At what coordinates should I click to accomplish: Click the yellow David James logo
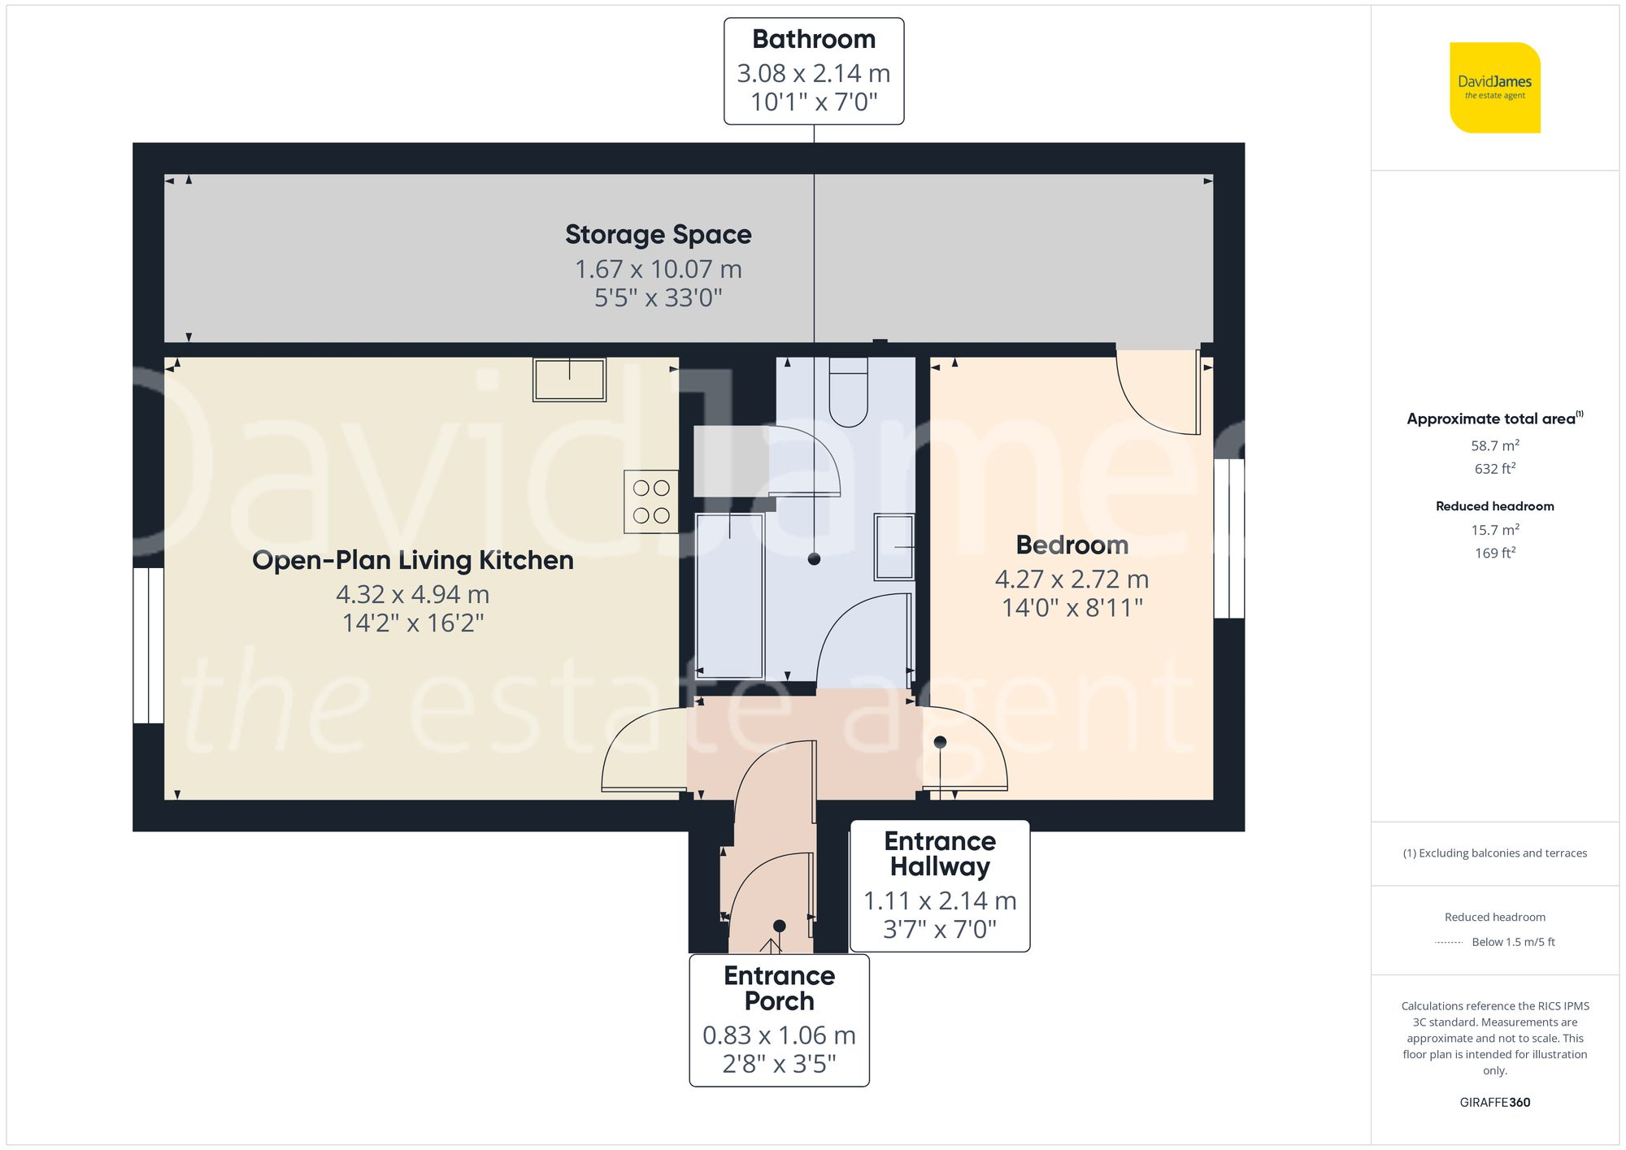coord(1494,88)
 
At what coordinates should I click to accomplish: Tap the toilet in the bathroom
coord(848,393)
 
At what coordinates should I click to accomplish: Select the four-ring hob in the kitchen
coord(651,501)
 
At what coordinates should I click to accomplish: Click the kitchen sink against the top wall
coord(569,380)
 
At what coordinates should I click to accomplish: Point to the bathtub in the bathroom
coord(729,596)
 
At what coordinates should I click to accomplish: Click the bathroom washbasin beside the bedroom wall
coord(894,547)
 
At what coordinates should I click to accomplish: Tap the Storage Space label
coord(658,235)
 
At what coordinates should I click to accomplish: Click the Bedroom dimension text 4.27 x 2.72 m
coord(1072,579)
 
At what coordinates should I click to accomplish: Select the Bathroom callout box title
coord(814,39)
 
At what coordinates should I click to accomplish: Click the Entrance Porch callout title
coord(779,988)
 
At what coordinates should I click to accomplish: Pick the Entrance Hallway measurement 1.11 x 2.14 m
coord(940,900)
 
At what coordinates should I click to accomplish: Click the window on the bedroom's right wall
coord(1228,539)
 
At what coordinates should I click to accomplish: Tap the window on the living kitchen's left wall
coord(149,645)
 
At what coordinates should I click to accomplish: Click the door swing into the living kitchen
coord(638,752)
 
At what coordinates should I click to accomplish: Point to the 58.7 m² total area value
coord(1494,445)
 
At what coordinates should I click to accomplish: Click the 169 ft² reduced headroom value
coord(1494,553)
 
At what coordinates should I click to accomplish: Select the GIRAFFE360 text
coord(1494,1102)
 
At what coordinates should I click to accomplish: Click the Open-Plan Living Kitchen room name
coord(412,561)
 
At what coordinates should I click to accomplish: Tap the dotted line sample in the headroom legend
coord(1449,943)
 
